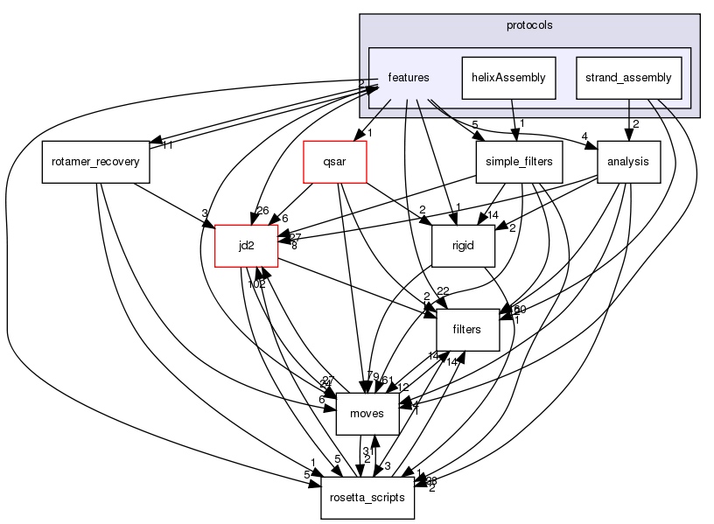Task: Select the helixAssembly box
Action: coord(508,77)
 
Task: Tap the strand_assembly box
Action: coord(628,77)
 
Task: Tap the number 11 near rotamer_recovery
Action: coord(166,145)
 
